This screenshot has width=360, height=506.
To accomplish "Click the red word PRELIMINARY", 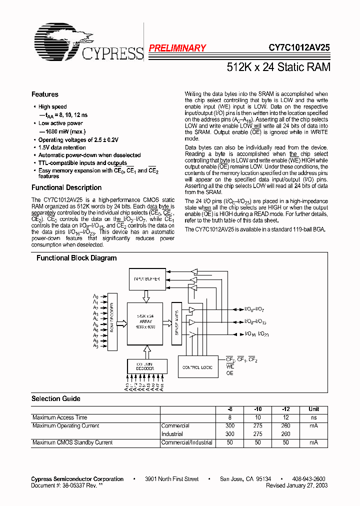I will tap(177, 48).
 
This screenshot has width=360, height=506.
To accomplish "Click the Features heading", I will tap(45, 94).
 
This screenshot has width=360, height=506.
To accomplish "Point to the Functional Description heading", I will tap(66, 188).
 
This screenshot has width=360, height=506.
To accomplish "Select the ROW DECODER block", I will tap(112, 324).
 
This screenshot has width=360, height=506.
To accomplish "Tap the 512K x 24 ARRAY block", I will tap(145, 323).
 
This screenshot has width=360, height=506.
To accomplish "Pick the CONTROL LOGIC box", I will tap(198, 367).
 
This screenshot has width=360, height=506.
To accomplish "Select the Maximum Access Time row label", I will tap(60, 417).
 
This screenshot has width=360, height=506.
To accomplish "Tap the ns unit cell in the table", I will tap(314, 417).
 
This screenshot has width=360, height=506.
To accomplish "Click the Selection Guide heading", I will tap(56, 399).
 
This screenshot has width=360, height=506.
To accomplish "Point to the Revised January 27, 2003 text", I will tap(297, 485).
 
